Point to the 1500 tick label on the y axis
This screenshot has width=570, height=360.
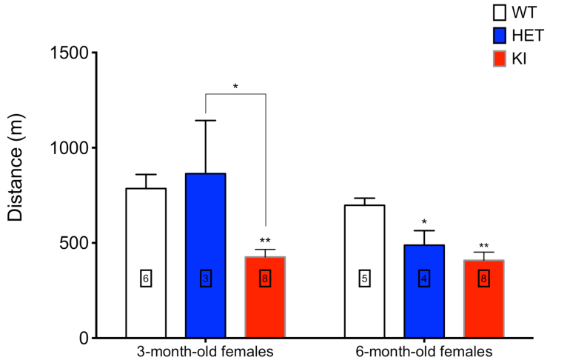click(x=70, y=53)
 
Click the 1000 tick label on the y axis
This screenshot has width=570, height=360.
click(x=70, y=148)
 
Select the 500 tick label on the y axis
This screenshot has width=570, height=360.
click(x=75, y=243)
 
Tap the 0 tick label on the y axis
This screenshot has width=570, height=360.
click(x=84, y=339)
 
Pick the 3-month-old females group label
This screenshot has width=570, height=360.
click(x=205, y=351)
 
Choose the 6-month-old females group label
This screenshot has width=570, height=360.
click(x=424, y=351)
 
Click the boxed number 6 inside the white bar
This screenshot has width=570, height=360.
click(x=146, y=279)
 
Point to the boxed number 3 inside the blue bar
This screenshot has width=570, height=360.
click(x=205, y=279)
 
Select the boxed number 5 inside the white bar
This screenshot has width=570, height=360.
click(x=365, y=279)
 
